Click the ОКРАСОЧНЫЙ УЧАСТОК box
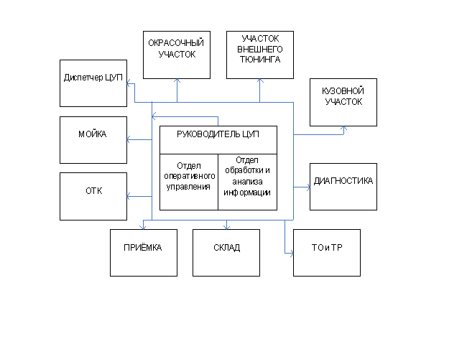click(176, 55)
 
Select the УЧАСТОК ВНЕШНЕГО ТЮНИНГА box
click(260, 55)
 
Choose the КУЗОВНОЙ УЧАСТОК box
click(343, 103)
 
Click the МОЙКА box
click(93, 139)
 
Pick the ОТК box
click(93, 196)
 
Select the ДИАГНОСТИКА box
click(343, 187)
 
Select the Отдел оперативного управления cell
click(188, 181)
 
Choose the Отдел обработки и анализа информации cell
click(247, 181)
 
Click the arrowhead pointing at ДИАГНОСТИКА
click(308, 186)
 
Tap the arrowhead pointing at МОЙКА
click(129, 139)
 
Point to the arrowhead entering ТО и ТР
click(291, 252)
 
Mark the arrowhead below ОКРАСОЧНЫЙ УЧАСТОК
click(177, 81)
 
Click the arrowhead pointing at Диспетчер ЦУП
click(129, 85)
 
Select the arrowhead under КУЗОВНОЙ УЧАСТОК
click(343, 129)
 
